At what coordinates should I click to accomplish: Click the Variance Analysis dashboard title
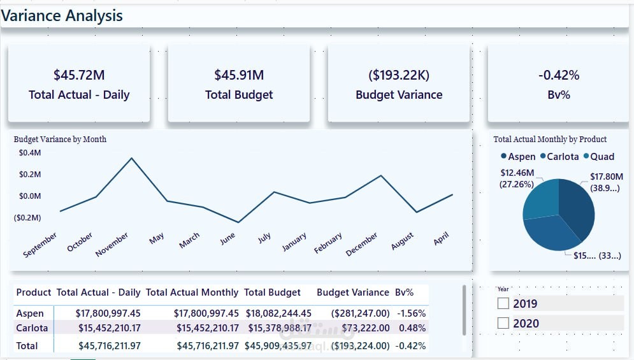[62, 16]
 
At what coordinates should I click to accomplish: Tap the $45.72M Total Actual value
[79, 75]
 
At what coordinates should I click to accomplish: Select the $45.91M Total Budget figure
[239, 75]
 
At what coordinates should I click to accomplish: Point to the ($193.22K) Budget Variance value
[399, 75]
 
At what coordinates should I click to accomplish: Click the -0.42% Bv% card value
[559, 75]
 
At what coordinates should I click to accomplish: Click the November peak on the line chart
[132, 158]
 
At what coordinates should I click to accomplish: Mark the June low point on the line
[238, 222]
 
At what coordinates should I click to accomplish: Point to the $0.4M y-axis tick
[30, 153]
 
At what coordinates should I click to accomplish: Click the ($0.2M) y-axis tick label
[27, 217]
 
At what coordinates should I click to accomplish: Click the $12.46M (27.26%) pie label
[517, 178]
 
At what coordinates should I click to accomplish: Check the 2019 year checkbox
[503, 304]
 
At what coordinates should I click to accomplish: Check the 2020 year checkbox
[503, 324]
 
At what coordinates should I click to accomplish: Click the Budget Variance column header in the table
[352, 292]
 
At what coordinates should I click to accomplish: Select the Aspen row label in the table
[30, 313]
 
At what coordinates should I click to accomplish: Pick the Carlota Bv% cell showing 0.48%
[408, 328]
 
